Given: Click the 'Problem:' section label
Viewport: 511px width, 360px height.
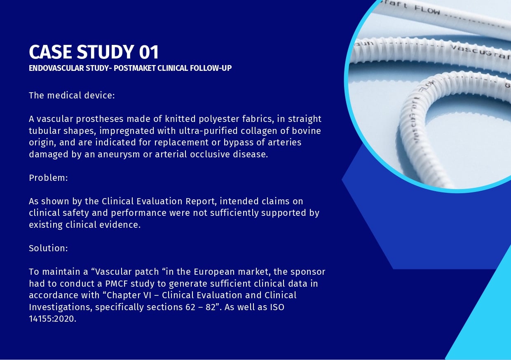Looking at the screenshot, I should [x=48, y=178].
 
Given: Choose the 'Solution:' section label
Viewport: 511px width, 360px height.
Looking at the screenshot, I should [x=48, y=248].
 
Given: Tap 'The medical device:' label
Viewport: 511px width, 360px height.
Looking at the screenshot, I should [x=71, y=96].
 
